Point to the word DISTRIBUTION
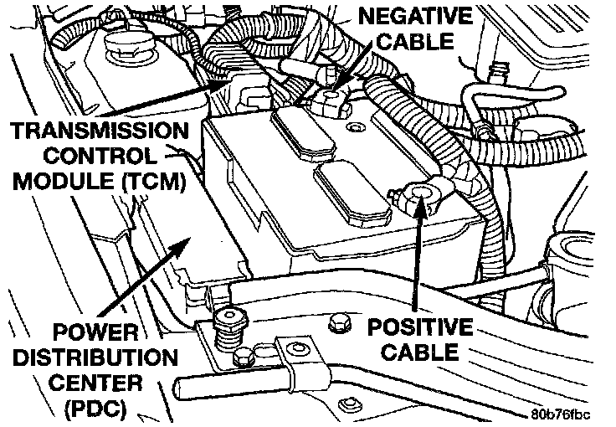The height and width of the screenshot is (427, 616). (92, 359)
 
